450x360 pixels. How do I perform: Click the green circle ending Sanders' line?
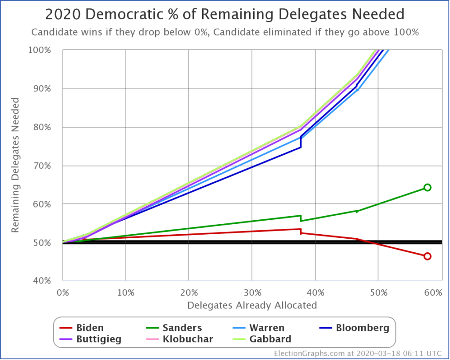(x=427, y=187)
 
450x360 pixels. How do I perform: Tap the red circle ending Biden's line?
(x=427, y=256)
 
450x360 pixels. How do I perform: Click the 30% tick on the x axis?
(x=252, y=292)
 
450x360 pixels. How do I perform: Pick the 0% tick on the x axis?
(x=63, y=292)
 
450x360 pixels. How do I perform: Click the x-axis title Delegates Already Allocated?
(x=252, y=305)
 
